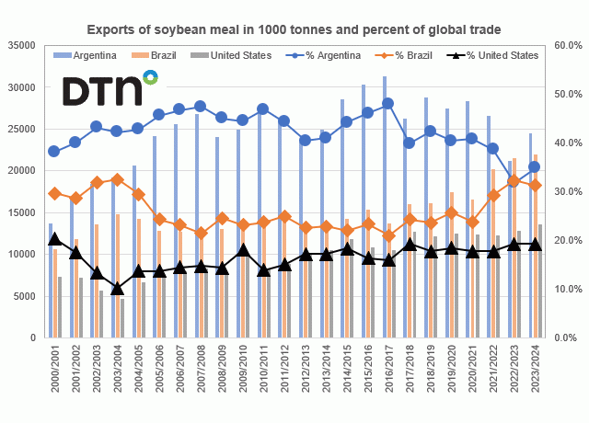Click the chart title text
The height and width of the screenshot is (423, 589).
coord(294,29)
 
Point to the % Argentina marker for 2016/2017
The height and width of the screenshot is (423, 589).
coord(388,103)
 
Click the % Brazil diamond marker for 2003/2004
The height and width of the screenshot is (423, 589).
coord(117,180)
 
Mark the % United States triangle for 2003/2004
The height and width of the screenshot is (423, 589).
coord(117,288)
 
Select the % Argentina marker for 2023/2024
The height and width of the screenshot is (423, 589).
coord(535,166)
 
